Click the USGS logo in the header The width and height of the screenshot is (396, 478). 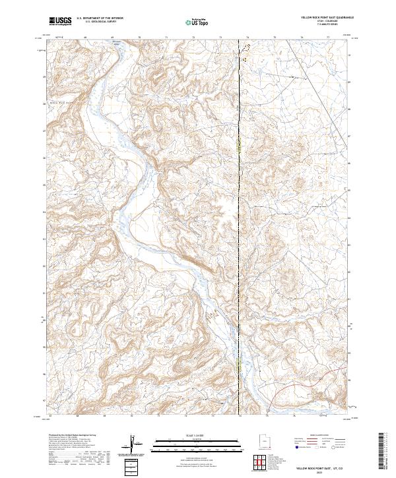point(61,21)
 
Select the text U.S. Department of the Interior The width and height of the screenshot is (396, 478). point(100,18)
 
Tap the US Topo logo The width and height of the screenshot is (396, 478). point(197,22)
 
